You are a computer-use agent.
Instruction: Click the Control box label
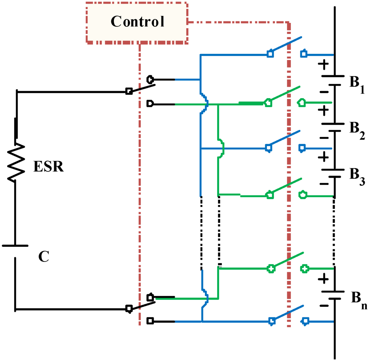tap(137, 22)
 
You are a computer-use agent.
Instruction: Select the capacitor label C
tap(44, 257)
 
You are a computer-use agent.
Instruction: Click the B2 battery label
tap(356, 129)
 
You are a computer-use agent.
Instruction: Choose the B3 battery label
tap(356, 175)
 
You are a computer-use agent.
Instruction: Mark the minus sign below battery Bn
tap(324, 306)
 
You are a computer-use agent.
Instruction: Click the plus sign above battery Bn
tap(324, 279)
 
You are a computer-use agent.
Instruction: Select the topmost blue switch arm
tap(285, 45)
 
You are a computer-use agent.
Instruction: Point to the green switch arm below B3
tap(285, 186)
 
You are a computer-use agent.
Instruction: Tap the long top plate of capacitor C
tap(15, 245)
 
